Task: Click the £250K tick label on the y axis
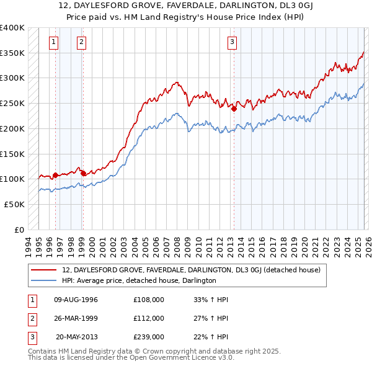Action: coord(12,104)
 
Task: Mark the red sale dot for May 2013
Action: coord(234,109)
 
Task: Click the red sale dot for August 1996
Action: coord(55,175)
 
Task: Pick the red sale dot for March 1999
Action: coord(83,173)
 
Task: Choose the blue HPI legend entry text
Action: coord(138,280)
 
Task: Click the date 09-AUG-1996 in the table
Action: coord(76,300)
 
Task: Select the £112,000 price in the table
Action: coord(149,318)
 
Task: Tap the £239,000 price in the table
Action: coord(149,337)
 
